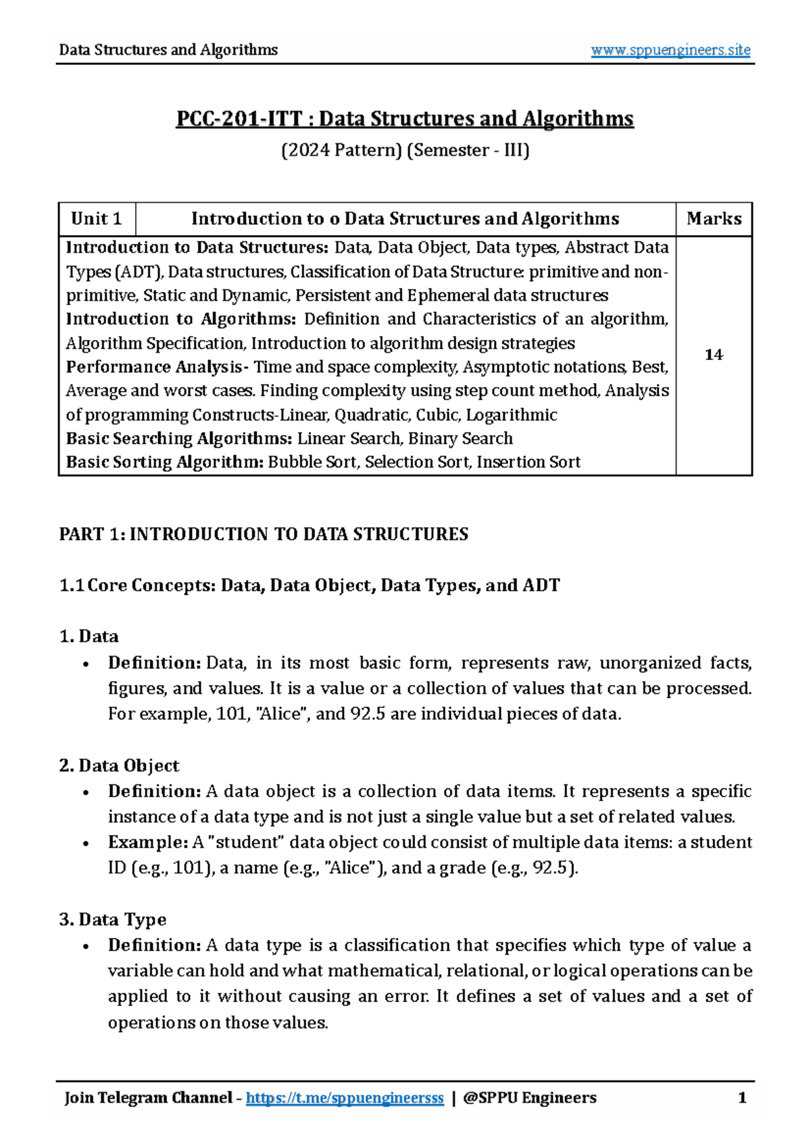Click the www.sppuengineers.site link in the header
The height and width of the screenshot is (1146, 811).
tap(670, 50)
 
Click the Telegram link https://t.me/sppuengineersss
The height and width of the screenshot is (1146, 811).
tap(345, 1098)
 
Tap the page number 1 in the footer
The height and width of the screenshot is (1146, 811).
tap(742, 1098)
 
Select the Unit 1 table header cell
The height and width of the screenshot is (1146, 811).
tap(97, 219)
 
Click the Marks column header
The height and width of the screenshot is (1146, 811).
tap(714, 219)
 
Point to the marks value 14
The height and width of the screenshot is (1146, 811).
tap(714, 355)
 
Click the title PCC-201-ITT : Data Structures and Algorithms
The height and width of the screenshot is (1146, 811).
tap(405, 119)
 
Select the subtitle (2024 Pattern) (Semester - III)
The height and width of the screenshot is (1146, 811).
tap(405, 150)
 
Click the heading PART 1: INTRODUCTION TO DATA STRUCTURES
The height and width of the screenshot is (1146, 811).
tap(264, 534)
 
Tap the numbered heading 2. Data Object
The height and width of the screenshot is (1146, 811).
tap(119, 766)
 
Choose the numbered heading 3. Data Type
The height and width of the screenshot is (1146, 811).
tap(112, 920)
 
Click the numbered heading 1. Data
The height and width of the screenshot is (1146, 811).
tap(89, 637)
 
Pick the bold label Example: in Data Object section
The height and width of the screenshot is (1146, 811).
tap(147, 843)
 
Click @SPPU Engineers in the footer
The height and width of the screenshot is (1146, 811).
tap(530, 1098)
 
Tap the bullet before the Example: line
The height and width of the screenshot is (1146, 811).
tap(85, 844)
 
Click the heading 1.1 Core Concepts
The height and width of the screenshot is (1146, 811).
tap(310, 585)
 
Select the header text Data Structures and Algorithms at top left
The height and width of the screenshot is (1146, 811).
tap(168, 50)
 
